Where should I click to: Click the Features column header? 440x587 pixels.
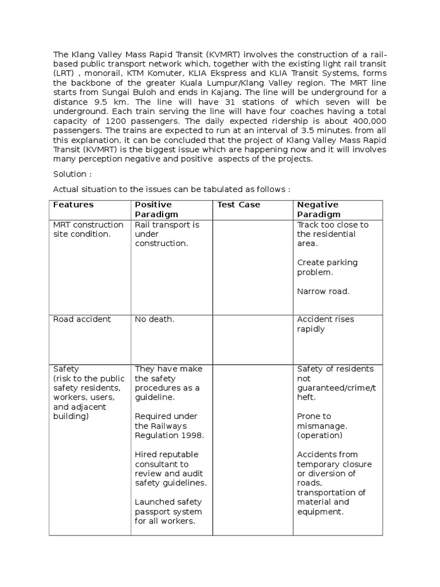73,205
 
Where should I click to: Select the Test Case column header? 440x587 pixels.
238,205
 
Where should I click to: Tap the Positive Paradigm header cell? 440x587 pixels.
153,209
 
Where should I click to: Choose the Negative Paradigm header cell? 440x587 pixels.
317,209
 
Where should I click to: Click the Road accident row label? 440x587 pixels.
82,319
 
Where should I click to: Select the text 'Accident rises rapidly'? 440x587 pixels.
325,324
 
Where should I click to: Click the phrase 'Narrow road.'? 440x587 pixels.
323,291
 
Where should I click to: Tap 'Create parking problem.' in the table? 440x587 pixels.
327,267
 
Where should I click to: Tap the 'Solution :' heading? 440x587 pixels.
72,173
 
